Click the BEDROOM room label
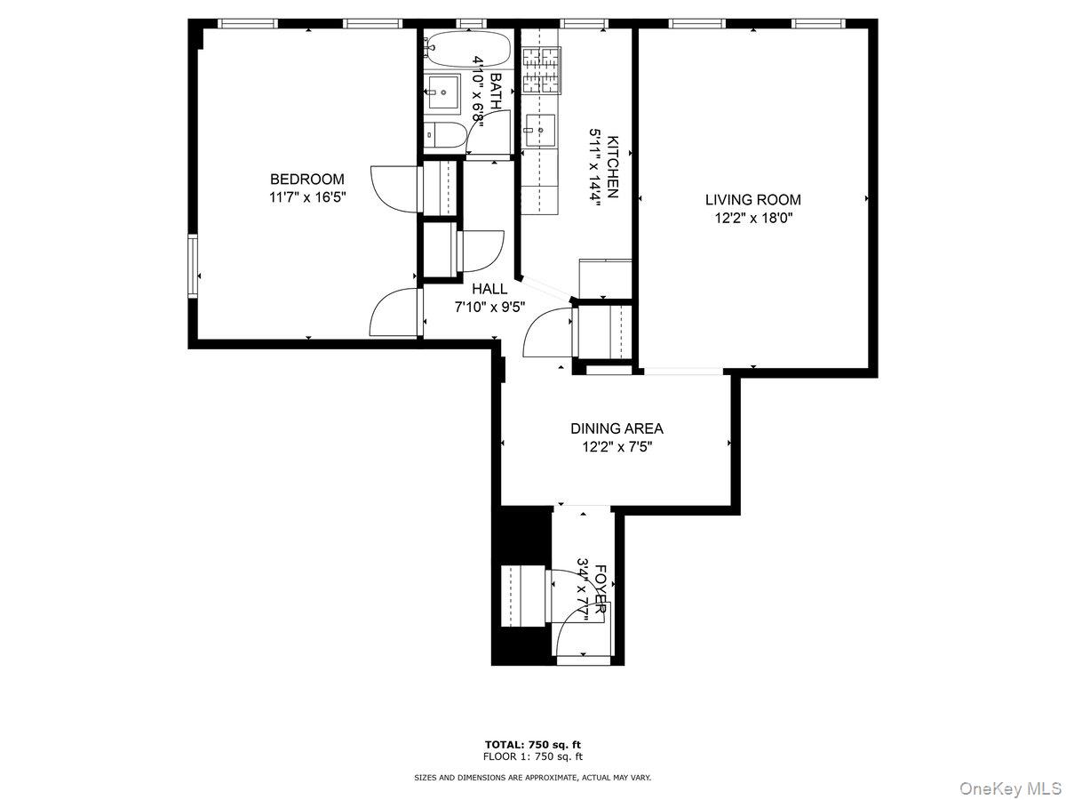click(306, 179)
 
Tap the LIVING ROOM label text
click(752, 200)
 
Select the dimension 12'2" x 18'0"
click(752, 218)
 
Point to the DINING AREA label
click(617, 428)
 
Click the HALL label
click(489, 289)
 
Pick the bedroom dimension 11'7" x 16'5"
click(306, 197)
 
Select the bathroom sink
click(442, 91)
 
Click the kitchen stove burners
click(543, 71)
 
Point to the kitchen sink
click(539, 129)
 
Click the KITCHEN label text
click(612, 165)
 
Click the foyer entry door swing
click(577, 622)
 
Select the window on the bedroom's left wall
click(192, 265)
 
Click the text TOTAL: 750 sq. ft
click(533, 744)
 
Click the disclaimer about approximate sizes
click(533, 778)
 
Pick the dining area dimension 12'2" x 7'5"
click(617, 446)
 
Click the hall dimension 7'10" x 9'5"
click(489, 308)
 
